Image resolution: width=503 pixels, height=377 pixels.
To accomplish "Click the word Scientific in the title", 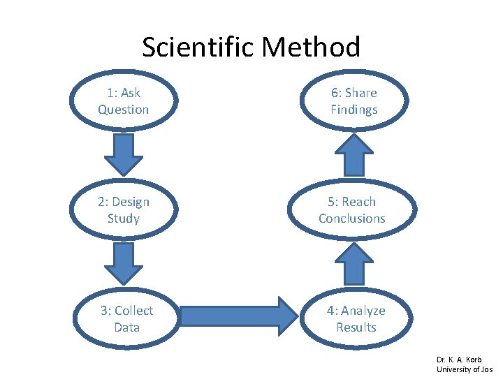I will [x=198, y=47].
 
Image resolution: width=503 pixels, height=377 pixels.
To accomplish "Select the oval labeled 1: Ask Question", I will [x=124, y=101].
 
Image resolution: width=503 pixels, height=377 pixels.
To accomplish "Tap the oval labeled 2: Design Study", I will [x=124, y=210].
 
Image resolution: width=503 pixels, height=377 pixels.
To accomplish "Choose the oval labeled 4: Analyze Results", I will [x=356, y=319].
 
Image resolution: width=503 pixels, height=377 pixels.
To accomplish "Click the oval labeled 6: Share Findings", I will [x=353, y=101].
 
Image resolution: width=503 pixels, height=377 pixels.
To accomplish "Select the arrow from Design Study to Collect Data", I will [x=124, y=264].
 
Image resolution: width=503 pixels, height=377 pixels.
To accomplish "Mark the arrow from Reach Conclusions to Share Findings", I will [x=355, y=154].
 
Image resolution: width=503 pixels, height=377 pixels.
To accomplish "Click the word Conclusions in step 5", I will [x=352, y=219].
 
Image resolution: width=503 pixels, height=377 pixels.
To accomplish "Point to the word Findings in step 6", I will [x=353, y=110].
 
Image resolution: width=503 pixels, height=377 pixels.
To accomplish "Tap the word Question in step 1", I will [x=124, y=110].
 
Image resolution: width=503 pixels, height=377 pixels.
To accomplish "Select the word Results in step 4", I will [x=356, y=327].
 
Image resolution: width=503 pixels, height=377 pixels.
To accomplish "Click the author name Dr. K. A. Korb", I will [x=460, y=360].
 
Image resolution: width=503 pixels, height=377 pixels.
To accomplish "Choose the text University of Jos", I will [x=465, y=369].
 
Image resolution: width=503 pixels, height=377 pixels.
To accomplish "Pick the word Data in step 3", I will [x=126, y=327].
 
